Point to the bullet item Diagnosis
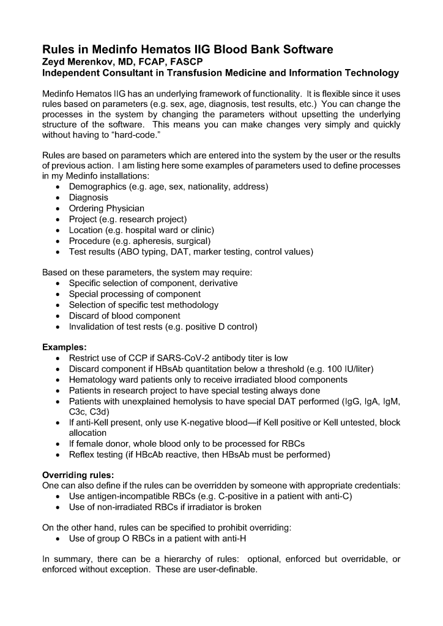88,197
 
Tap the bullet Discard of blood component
124,316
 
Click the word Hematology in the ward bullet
94,380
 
